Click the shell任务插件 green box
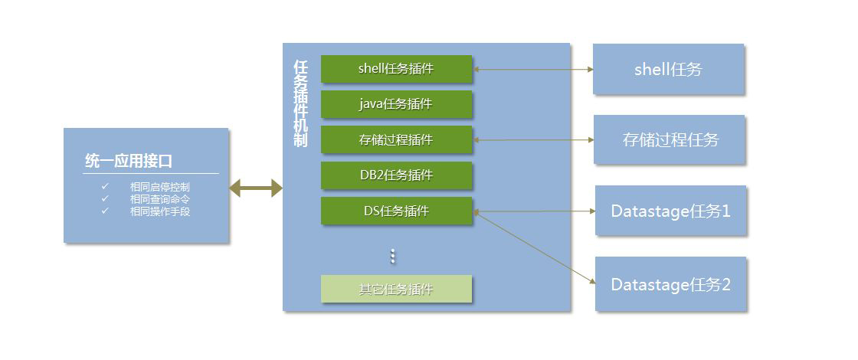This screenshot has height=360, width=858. click(x=396, y=69)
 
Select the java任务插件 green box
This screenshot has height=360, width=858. click(x=396, y=104)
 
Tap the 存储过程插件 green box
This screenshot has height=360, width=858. click(x=396, y=140)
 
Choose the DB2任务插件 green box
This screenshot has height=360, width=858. click(x=396, y=175)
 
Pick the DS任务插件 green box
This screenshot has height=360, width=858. click(x=396, y=211)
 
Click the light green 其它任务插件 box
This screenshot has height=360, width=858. click(x=396, y=290)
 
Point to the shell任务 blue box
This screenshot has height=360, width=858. click(x=668, y=70)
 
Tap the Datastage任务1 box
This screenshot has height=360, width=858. click(x=670, y=211)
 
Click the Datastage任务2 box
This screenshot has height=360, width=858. click(x=670, y=284)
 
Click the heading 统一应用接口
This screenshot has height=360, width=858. click(x=129, y=162)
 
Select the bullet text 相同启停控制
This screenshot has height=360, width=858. click(x=160, y=187)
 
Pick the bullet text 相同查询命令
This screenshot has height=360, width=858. click(x=160, y=199)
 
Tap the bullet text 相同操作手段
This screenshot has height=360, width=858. click(x=160, y=211)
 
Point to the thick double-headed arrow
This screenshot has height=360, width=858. click(x=256, y=188)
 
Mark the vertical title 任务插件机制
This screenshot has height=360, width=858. click(x=300, y=103)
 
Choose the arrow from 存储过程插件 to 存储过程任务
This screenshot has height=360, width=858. click(x=533, y=140)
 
